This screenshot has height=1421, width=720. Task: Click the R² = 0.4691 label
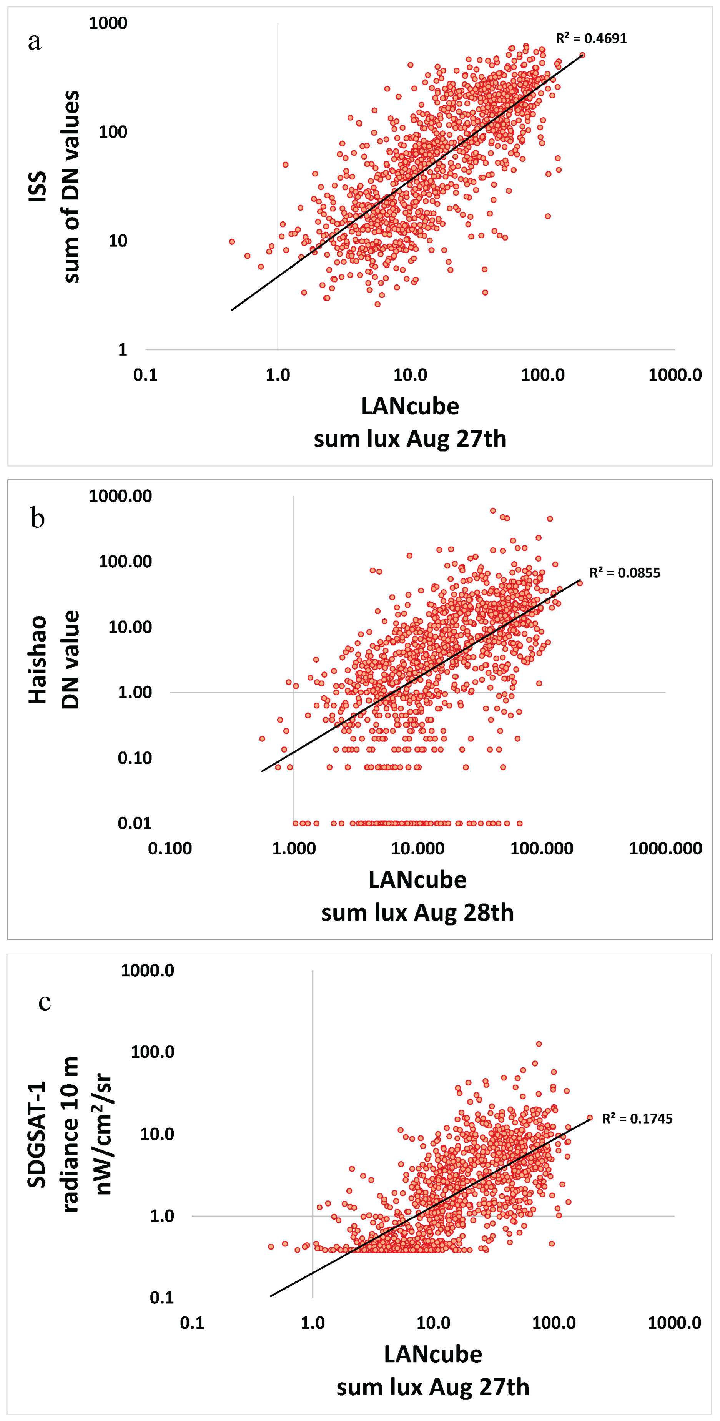pyautogui.click(x=590, y=38)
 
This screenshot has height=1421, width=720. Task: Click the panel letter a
pyautogui.click(x=34, y=42)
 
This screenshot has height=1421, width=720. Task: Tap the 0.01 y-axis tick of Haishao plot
pyautogui.click(x=134, y=823)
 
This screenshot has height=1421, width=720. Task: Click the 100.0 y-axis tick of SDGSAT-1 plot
pyautogui.click(x=152, y=1052)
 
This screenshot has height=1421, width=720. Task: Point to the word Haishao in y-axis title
pyautogui.click(x=38, y=659)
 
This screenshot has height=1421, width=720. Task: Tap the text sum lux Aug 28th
pyautogui.click(x=417, y=912)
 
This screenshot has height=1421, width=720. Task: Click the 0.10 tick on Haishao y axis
pyautogui.click(x=134, y=758)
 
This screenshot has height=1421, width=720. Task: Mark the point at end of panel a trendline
pyautogui.click(x=582, y=55)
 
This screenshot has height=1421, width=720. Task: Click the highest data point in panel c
pyautogui.click(x=539, y=1044)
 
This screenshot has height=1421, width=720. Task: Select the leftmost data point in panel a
pyautogui.click(x=232, y=242)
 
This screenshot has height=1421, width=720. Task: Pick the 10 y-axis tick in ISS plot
pyautogui.click(x=118, y=241)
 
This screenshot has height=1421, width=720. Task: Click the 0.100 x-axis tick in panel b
pyautogui.click(x=170, y=848)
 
